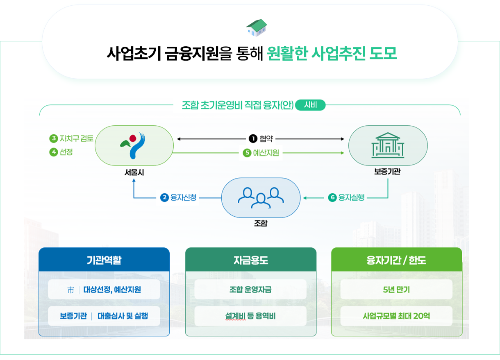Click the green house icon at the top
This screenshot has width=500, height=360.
(x=257, y=27)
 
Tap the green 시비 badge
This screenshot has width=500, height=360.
(x=310, y=105)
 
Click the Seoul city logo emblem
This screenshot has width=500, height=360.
(x=134, y=145)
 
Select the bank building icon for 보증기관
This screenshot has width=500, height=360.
(x=388, y=145)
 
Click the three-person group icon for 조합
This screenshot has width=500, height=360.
(x=261, y=197)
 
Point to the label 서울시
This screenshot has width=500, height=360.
(x=134, y=173)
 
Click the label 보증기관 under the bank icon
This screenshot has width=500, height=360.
(x=387, y=172)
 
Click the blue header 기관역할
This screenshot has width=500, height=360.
(x=104, y=260)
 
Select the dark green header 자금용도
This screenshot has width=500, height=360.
(x=251, y=260)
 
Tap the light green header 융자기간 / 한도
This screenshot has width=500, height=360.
(x=396, y=260)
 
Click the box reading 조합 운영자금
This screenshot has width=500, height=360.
(x=250, y=290)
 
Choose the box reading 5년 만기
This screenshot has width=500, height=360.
(x=396, y=290)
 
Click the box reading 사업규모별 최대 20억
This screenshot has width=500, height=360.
(x=396, y=316)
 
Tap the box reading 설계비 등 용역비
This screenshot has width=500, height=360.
(x=250, y=316)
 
